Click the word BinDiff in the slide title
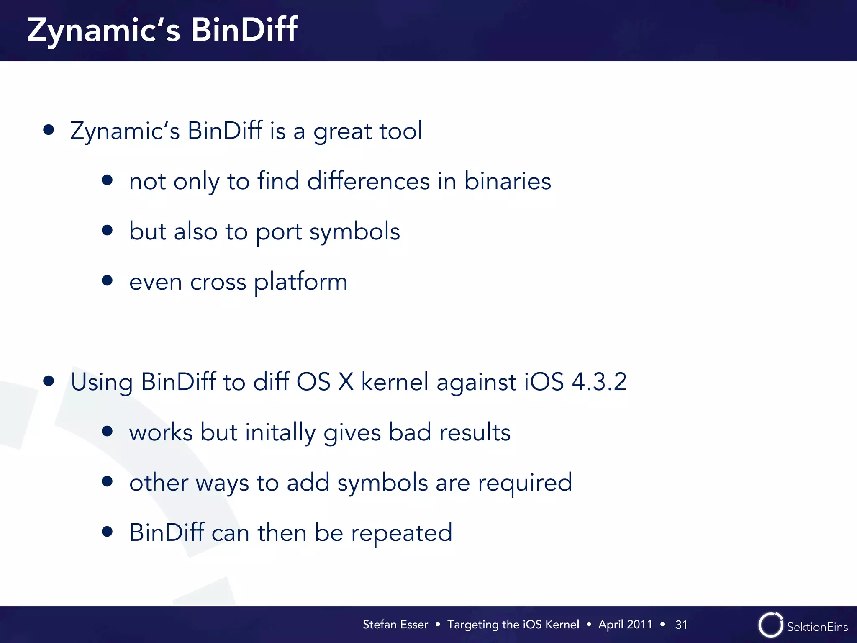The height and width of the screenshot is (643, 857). click(x=244, y=30)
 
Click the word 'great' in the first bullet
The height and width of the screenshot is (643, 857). click(x=342, y=131)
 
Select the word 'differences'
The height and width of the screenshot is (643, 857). click(x=368, y=181)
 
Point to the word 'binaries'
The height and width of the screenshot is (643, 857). click(x=507, y=181)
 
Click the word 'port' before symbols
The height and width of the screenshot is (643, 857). click(x=279, y=232)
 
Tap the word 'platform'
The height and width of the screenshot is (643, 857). click(x=300, y=282)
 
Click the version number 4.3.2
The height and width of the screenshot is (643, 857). click(x=599, y=382)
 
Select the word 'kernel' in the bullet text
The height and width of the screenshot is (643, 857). click(x=395, y=382)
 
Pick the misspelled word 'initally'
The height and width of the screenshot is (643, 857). click(x=280, y=432)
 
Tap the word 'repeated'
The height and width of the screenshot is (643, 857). click(x=401, y=533)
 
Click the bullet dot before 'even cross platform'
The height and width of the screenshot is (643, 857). click(x=107, y=280)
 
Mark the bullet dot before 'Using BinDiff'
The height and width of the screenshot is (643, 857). click(x=49, y=381)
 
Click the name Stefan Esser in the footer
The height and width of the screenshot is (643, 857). click(x=395, y=625)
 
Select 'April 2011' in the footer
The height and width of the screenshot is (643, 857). click(x=625, y=625)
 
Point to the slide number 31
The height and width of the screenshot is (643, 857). click(x=681, y=625)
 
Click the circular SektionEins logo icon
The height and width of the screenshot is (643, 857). click(x=770, y=625)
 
